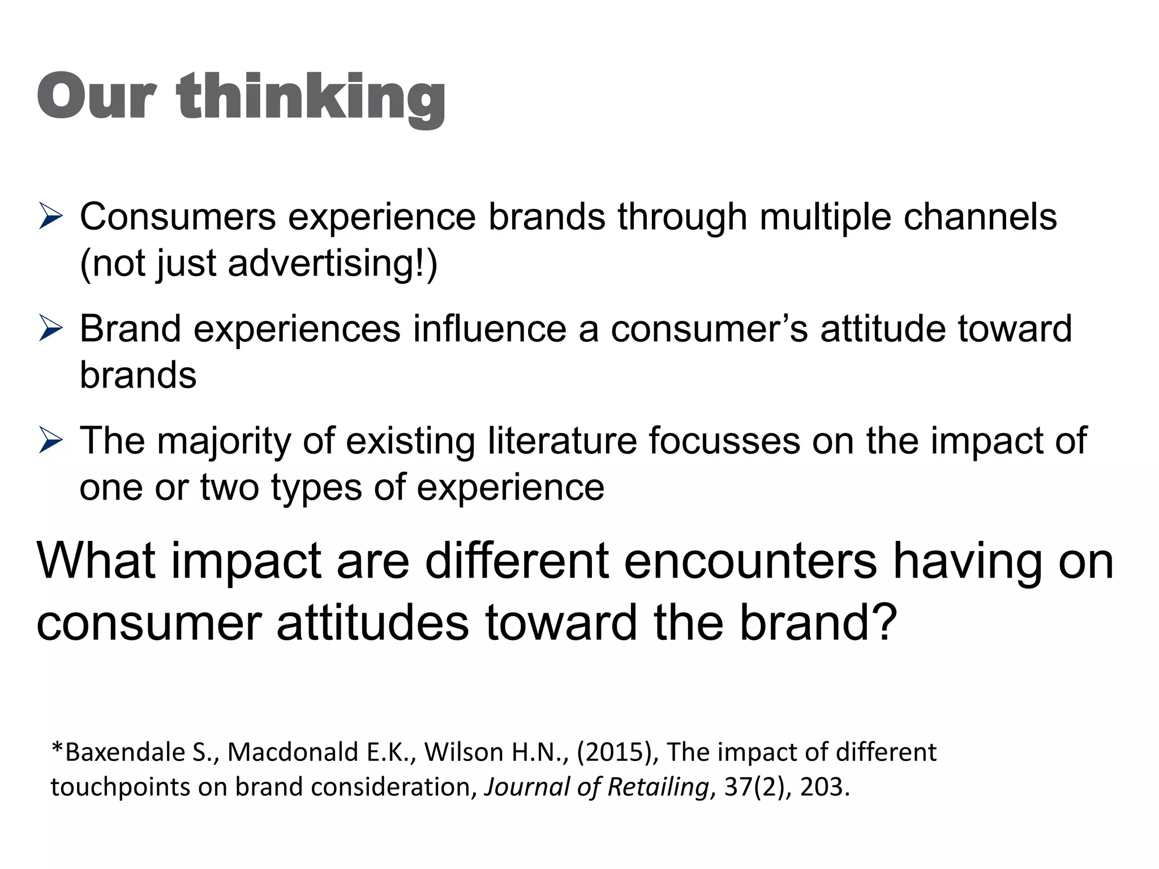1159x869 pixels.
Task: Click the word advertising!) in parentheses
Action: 333,264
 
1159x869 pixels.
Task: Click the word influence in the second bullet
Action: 490,329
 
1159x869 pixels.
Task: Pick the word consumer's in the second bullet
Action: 710,329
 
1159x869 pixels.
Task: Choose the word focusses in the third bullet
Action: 724,441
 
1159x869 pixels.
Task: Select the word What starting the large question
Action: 96,561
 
